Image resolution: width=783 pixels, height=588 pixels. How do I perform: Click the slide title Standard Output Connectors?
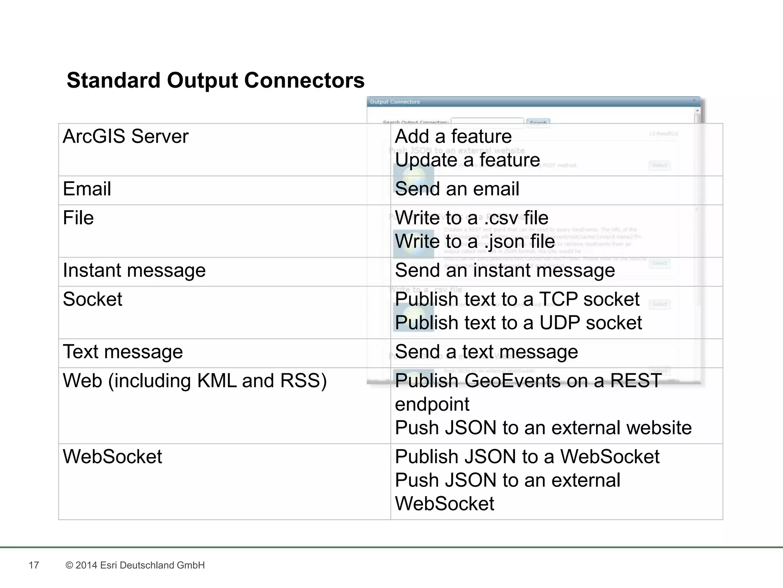click(215, 80)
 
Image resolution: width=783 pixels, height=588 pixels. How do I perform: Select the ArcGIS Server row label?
click(125, 137)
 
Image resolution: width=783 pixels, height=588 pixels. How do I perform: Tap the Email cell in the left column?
click(87, 189)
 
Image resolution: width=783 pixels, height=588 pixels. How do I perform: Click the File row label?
click(78, 218)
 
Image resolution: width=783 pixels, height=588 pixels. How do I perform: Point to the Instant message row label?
click(134, 270)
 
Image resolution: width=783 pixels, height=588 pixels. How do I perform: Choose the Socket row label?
click(92, 299)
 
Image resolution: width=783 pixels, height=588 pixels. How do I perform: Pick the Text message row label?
click(123, 352)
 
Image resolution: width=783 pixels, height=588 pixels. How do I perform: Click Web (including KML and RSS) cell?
click(195, 381)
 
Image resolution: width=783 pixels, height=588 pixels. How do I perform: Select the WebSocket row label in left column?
click(112, 457)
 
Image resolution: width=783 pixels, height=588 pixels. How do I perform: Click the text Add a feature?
click(453, 137)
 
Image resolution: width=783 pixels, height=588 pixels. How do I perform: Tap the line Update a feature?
click(467, 160)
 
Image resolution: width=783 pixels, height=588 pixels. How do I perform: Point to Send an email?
click(457, 189)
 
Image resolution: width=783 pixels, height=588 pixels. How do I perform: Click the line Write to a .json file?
click(474, 242)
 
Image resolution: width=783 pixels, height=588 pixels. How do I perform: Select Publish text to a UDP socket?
click(518, 323)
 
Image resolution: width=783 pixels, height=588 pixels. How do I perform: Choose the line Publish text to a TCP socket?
click(517, 299)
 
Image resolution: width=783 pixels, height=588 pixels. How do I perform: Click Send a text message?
click(486, 352)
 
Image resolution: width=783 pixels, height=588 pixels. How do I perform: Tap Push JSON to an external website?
click(543, 428)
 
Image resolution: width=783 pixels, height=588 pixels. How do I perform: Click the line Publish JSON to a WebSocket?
click(527, 457)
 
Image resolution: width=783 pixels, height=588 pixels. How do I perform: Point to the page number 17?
click(34, 565)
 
